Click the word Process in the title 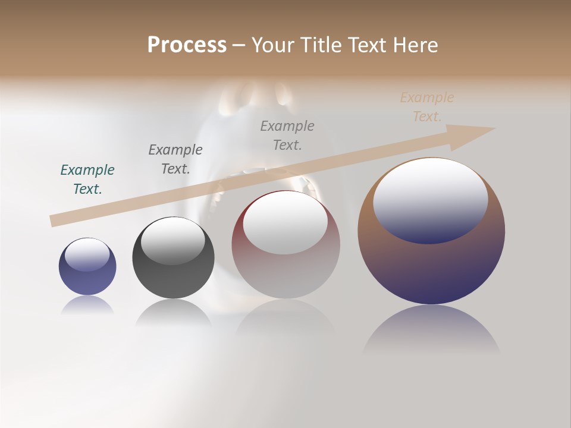click(187, 45)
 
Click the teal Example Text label click(87, 179)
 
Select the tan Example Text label click(427, 107)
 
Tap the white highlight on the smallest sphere click(87, 254)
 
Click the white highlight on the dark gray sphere click(173, 241)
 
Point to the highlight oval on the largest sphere click(431, 200)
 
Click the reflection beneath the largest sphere click(431, 330)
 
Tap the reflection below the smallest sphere click(87, 305)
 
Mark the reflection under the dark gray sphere click(173, 313)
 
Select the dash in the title click(239, 45)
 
